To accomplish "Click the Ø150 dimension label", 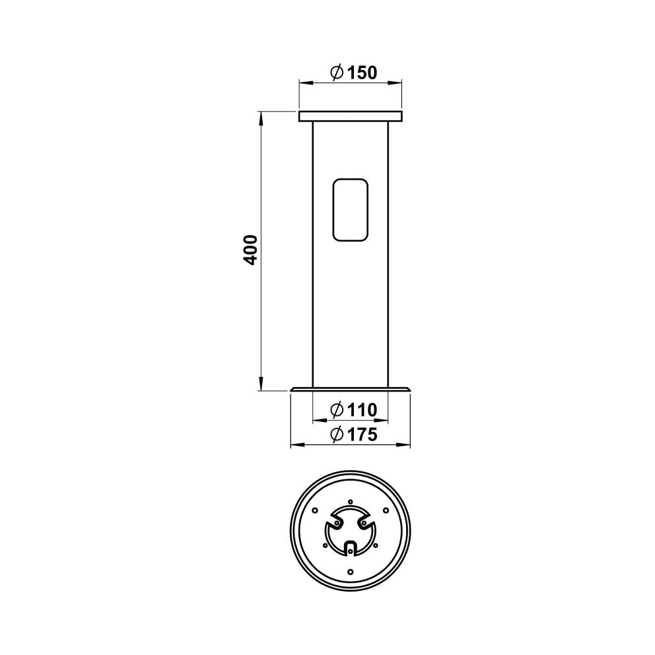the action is tap(354, 73).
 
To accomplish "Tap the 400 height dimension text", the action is tap(251, 250).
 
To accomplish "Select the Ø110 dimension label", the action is tap(354, 410).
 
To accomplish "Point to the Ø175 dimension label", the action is tap(354, 434).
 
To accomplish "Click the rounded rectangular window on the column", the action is tap(350, 210).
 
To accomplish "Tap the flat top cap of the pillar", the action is tap(351, 116).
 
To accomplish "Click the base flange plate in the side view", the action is tap(351, 390).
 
